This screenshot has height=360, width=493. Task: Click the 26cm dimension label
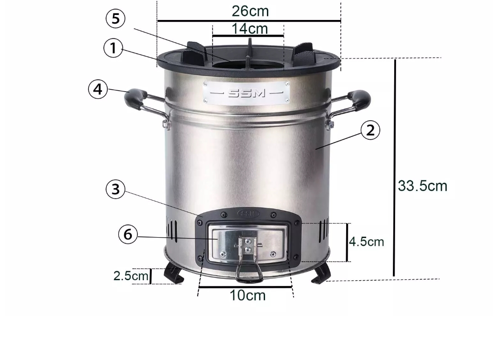250,11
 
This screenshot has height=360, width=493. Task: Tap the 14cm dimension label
250,29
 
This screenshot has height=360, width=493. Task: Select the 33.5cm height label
422,186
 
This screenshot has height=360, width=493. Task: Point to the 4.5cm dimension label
367,242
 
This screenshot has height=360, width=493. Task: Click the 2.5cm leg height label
130,276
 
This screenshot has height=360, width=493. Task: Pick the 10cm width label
248,295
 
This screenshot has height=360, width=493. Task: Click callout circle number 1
113,48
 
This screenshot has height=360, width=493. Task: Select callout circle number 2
370,130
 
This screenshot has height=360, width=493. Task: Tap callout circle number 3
116,189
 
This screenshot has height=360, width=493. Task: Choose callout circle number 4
98,89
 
